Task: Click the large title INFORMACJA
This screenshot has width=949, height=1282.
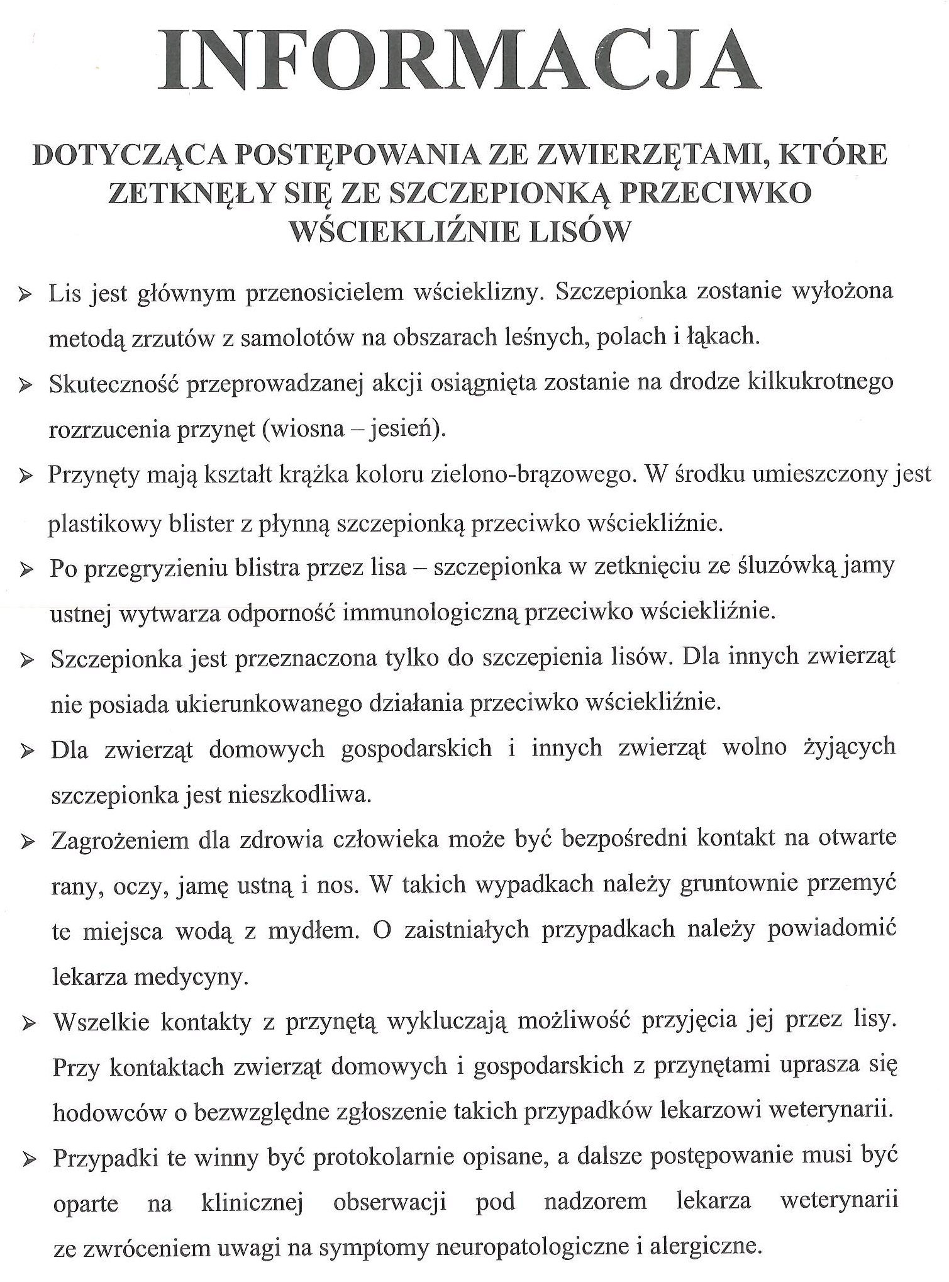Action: point(459,62)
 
